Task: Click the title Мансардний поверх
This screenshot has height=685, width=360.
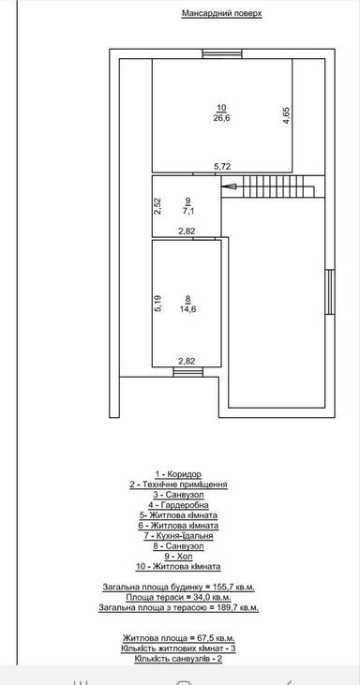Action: click(221, 15)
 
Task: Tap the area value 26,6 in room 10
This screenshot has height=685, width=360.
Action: click(221, 118)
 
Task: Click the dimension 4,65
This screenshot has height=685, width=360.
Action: click(286, 116)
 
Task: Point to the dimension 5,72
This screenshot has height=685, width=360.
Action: click(221, 167)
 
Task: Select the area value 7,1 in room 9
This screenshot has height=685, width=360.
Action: click(188, 211)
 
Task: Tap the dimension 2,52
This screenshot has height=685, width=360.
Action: click(158, 205)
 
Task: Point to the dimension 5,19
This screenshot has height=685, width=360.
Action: click(158, 303)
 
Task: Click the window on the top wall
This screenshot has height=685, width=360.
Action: click(220, 52)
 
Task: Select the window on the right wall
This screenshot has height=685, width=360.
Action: click(330, 294)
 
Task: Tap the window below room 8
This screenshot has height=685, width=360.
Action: click(187, 372)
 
